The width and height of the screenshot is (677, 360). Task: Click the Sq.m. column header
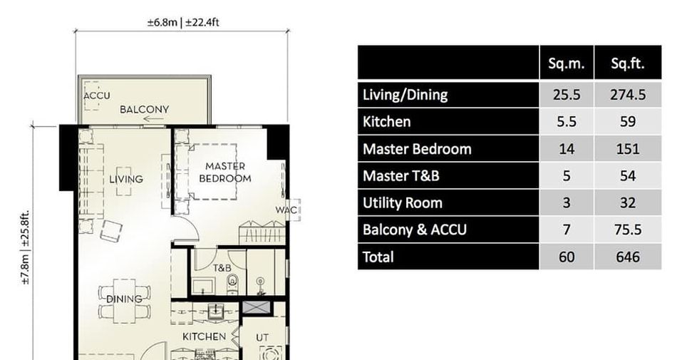click(566, 63)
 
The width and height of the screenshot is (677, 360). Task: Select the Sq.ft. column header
click(627, 63)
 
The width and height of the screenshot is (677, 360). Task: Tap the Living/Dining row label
click(405, 95)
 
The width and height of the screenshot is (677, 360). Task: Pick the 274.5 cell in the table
click(627, 95)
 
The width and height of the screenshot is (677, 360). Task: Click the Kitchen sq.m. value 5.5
click(566, 122)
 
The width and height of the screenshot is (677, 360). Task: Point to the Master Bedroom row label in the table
click(417, 149)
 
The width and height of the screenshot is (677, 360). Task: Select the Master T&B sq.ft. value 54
click(627, 176)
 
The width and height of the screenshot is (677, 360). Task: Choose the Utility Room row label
click(403, 203)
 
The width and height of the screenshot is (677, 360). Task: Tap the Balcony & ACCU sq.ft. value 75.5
click(627, 230)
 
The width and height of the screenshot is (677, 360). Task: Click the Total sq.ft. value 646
click(627, 257)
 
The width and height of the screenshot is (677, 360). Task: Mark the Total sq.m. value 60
click(566, 257)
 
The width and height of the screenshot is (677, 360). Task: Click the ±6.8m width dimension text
click(162, 22)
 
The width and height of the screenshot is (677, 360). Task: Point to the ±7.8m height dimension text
click(25, 269)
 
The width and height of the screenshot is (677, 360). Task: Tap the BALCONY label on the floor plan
click(144, 109)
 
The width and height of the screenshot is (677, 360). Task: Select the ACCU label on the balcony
click(97, 96)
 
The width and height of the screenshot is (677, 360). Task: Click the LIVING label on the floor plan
click(125, 179)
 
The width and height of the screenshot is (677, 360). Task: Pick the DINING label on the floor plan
click(124, 299)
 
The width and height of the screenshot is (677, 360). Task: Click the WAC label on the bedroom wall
click(286, 210)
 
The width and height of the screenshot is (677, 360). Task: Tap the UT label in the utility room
click(262, 338)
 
